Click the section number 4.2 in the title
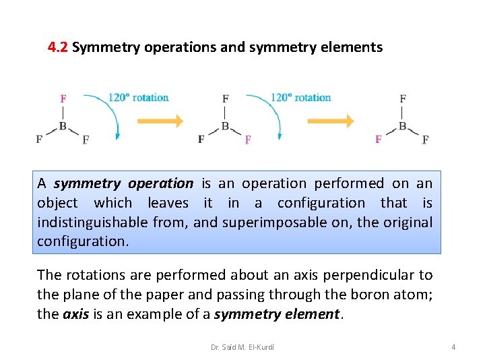point(58,47)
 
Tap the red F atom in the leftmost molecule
point(63,98)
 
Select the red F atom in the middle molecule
point(248,140)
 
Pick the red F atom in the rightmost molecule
point(378,139)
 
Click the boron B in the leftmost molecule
point(63,125)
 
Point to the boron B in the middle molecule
point(225,125)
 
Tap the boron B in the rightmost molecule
point(402,125)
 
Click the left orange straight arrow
point(160,121)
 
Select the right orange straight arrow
point(331,121)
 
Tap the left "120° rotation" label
point(139,98)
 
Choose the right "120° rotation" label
point(301,98)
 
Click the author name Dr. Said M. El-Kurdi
point(243,347)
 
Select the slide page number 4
point(453,347)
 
